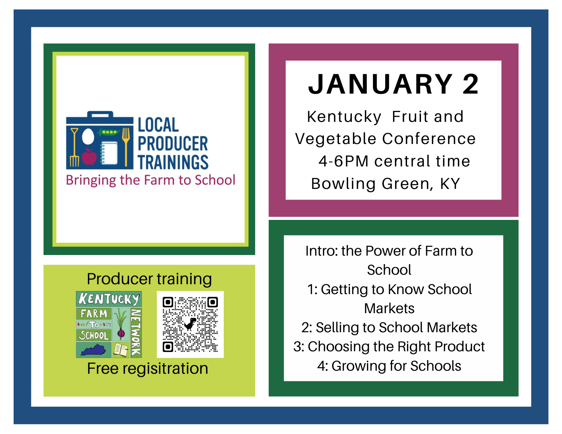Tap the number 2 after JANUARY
471,84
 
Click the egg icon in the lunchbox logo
88,136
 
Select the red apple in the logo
89,157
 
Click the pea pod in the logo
108,132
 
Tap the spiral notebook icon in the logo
109,153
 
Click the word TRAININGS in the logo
173,162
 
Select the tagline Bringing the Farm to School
151,180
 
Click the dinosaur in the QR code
190,324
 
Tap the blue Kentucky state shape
93,350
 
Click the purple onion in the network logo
121,332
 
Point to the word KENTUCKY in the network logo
109,299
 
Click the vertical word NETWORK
136,332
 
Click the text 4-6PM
344,161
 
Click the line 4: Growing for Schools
389,366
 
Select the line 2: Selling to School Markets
389,327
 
